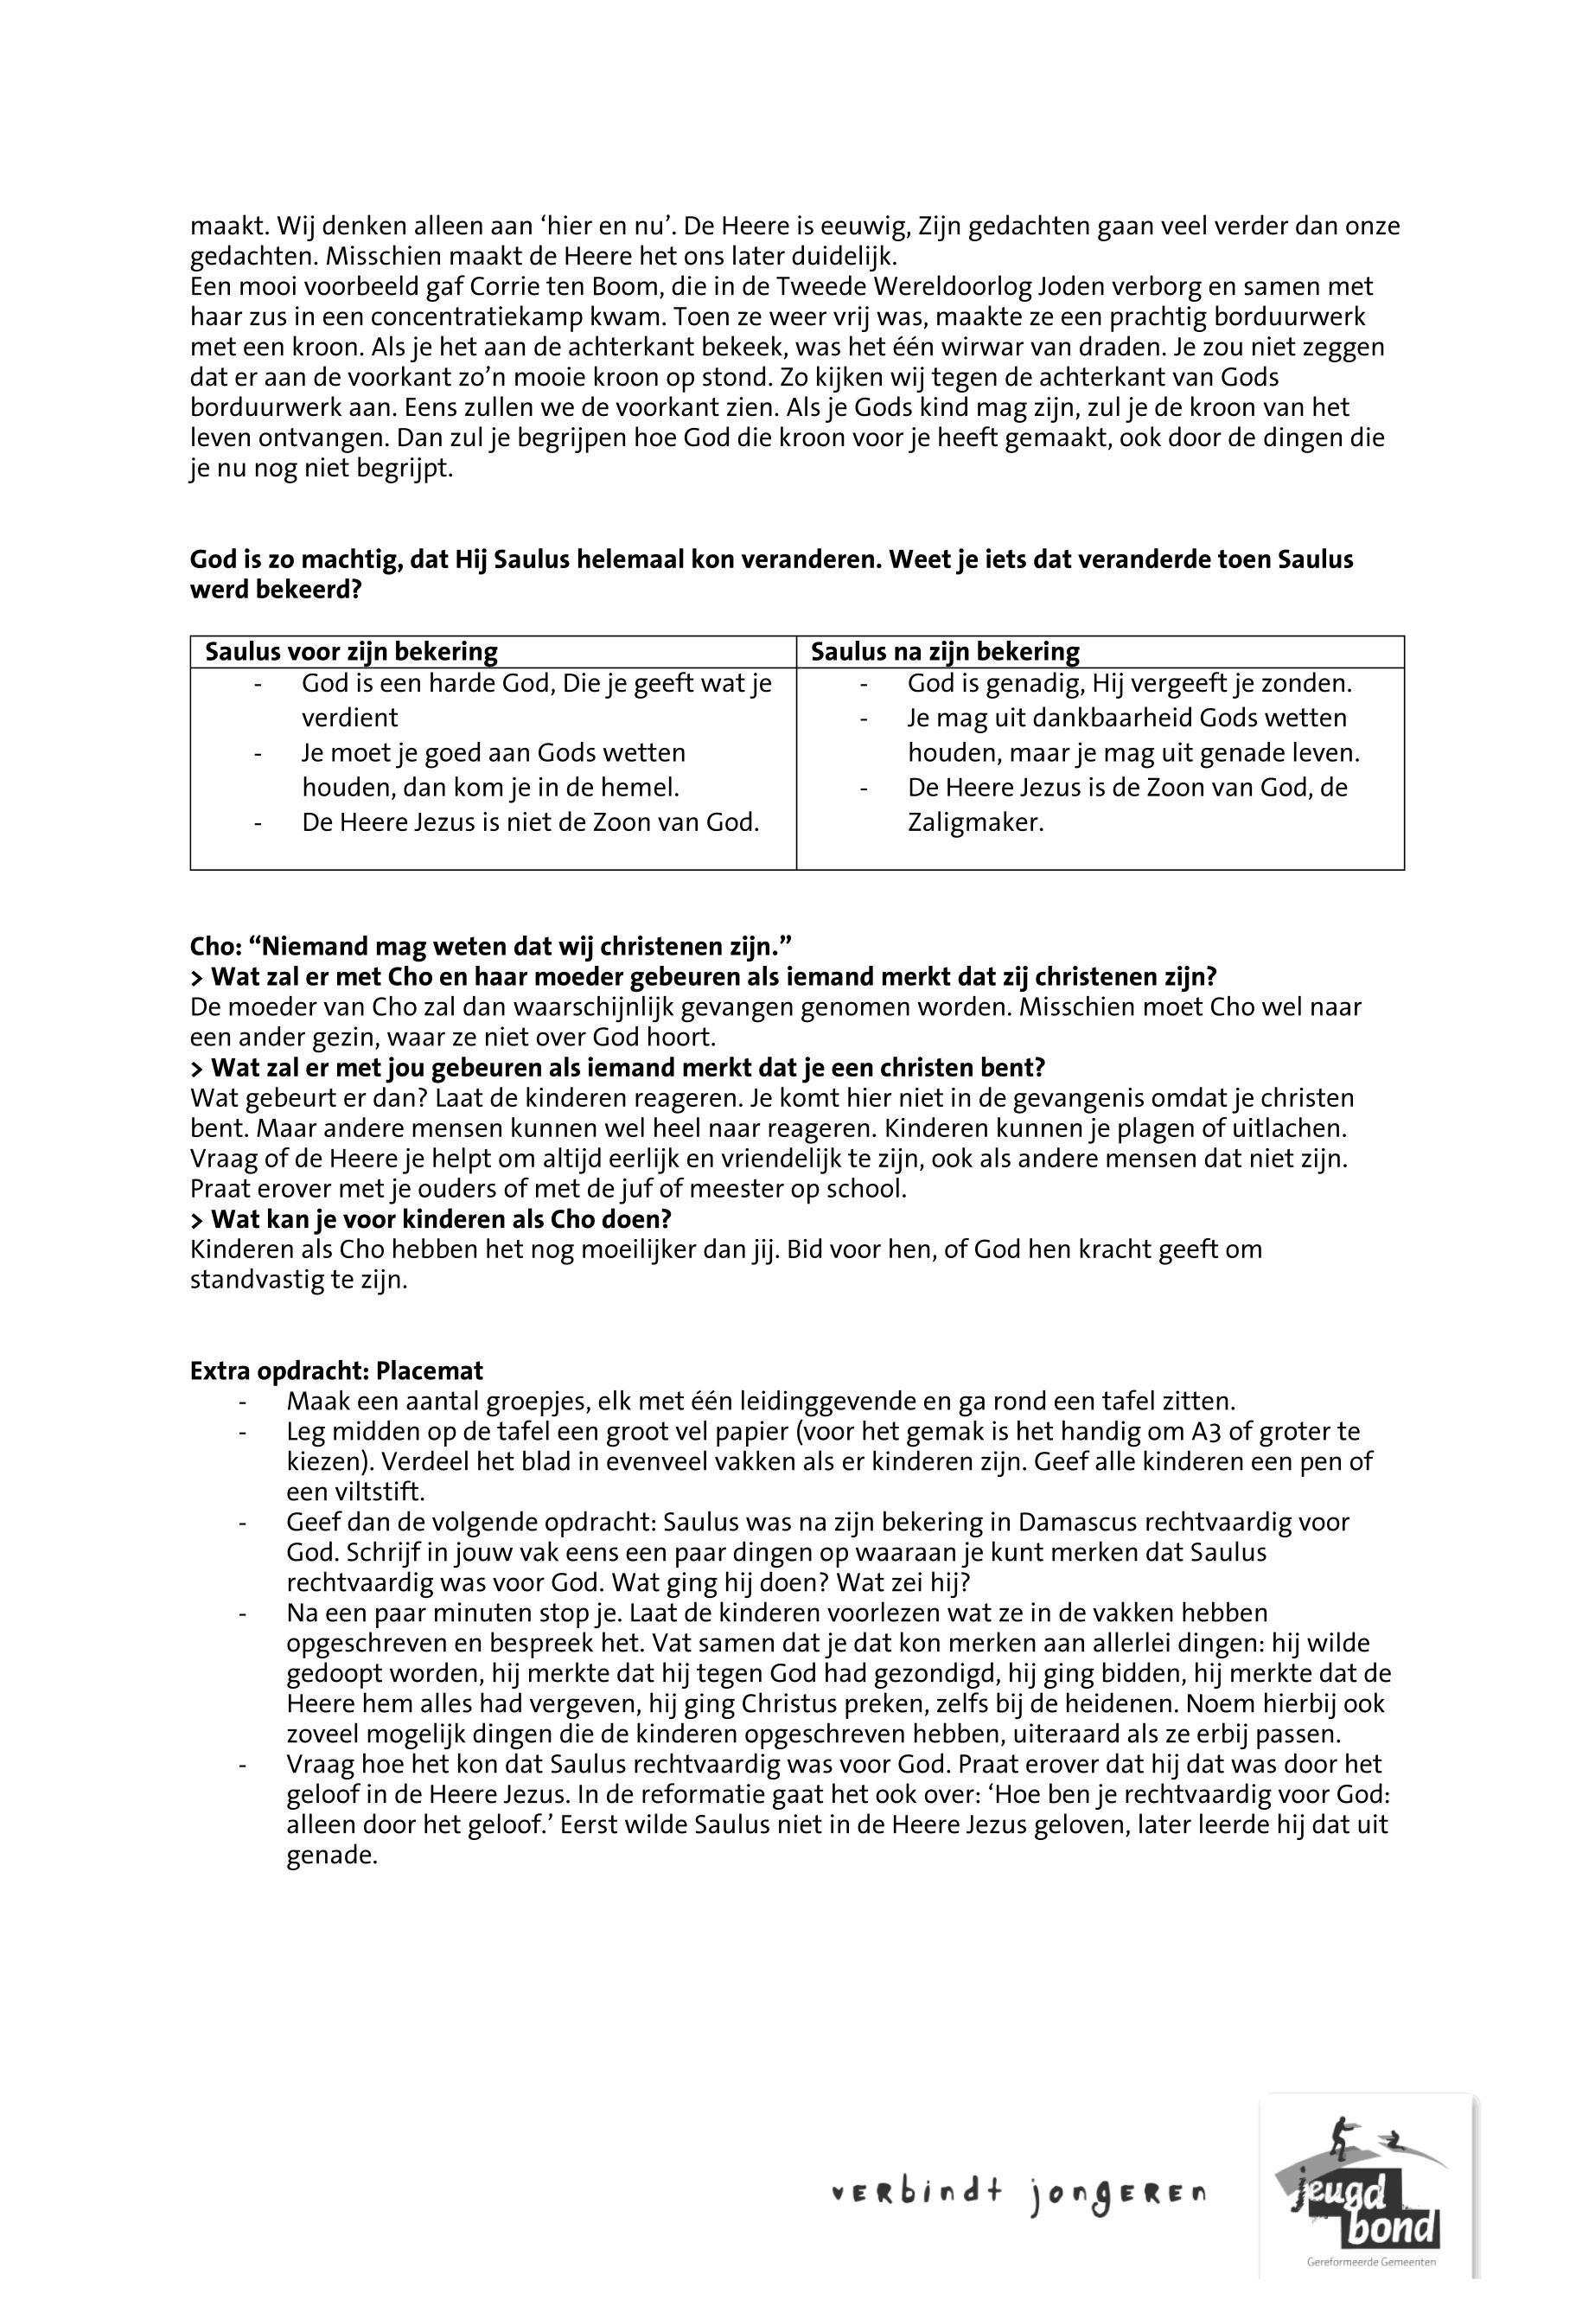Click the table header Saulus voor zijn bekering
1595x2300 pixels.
351,653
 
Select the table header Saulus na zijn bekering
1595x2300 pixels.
944,653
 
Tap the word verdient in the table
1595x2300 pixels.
350,718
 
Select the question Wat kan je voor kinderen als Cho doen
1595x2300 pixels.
431,1219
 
